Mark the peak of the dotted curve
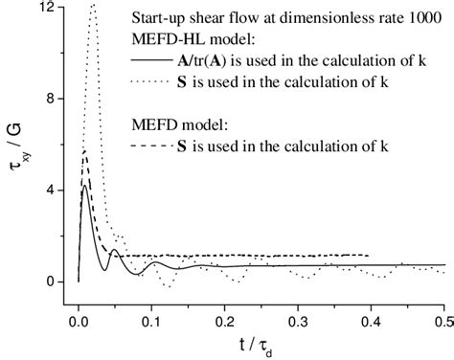[x=93, y=6]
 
